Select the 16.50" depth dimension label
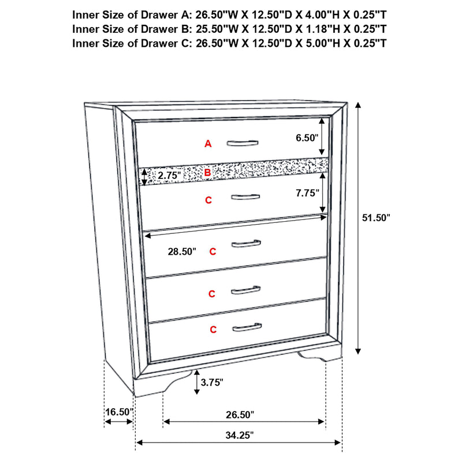(118, 412)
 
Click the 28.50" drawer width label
(181, 252)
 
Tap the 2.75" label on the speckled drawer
(169, 175)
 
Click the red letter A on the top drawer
(208, 144)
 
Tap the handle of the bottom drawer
(247, 329)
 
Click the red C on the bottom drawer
(213, 330)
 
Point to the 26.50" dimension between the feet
(239, 414)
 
